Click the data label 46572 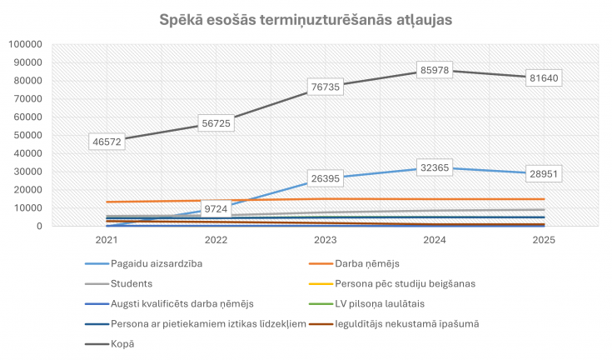(x=106, y=142)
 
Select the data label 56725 (x=216, y=123)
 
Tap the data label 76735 (x=326, y=87)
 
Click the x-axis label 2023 (x=326, y=240)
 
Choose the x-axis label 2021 (x=106, y=240)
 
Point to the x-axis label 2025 (x=545, y=240)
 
